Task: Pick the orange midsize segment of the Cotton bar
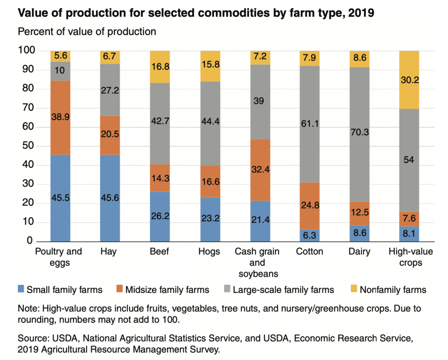pos(309,206)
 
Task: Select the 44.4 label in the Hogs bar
pos(210,122)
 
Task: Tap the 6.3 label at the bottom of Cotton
pos(309,236)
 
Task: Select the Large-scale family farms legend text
pos(283,289)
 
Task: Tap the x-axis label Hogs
pos(210,252)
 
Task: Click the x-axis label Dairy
pos(359,252)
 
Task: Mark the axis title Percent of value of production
pos(87,32)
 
